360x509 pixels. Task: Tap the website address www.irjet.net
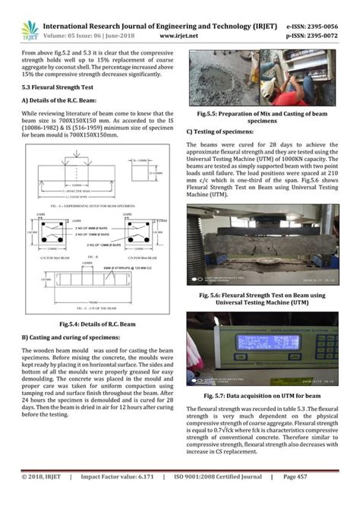pyautogui.click(x=179, y=34)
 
